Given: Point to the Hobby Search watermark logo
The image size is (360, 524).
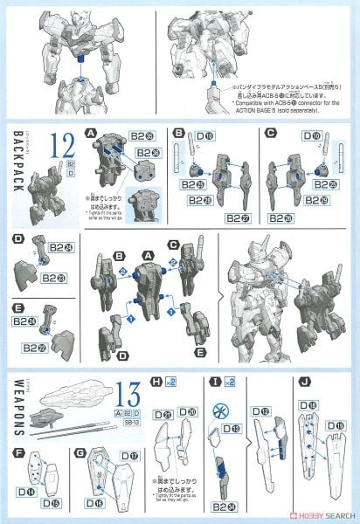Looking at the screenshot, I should coord(320,516).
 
